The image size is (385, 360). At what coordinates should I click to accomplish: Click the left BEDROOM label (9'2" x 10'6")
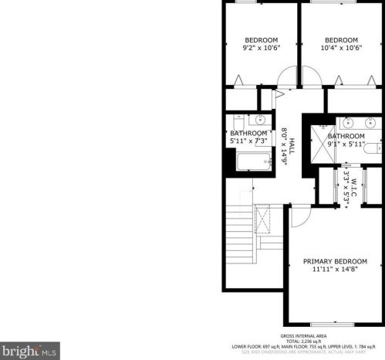pyautogui.click(x=262, y=40)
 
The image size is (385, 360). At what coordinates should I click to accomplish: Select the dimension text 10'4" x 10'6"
pyautogui.click(x=341, y=48)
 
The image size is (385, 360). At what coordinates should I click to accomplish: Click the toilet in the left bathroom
pyautogui.click(x=238, y=121)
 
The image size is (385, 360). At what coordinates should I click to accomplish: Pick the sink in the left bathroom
pyautogui.click(x=260, y=120)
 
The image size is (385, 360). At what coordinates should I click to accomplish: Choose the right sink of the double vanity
pyautogui.click(x=371, y=122)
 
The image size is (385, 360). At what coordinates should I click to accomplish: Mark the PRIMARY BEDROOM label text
pyautogui.click(x=334, y=261)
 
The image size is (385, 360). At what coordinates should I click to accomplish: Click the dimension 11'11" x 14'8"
pyautogui.click(x=334, y=270)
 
